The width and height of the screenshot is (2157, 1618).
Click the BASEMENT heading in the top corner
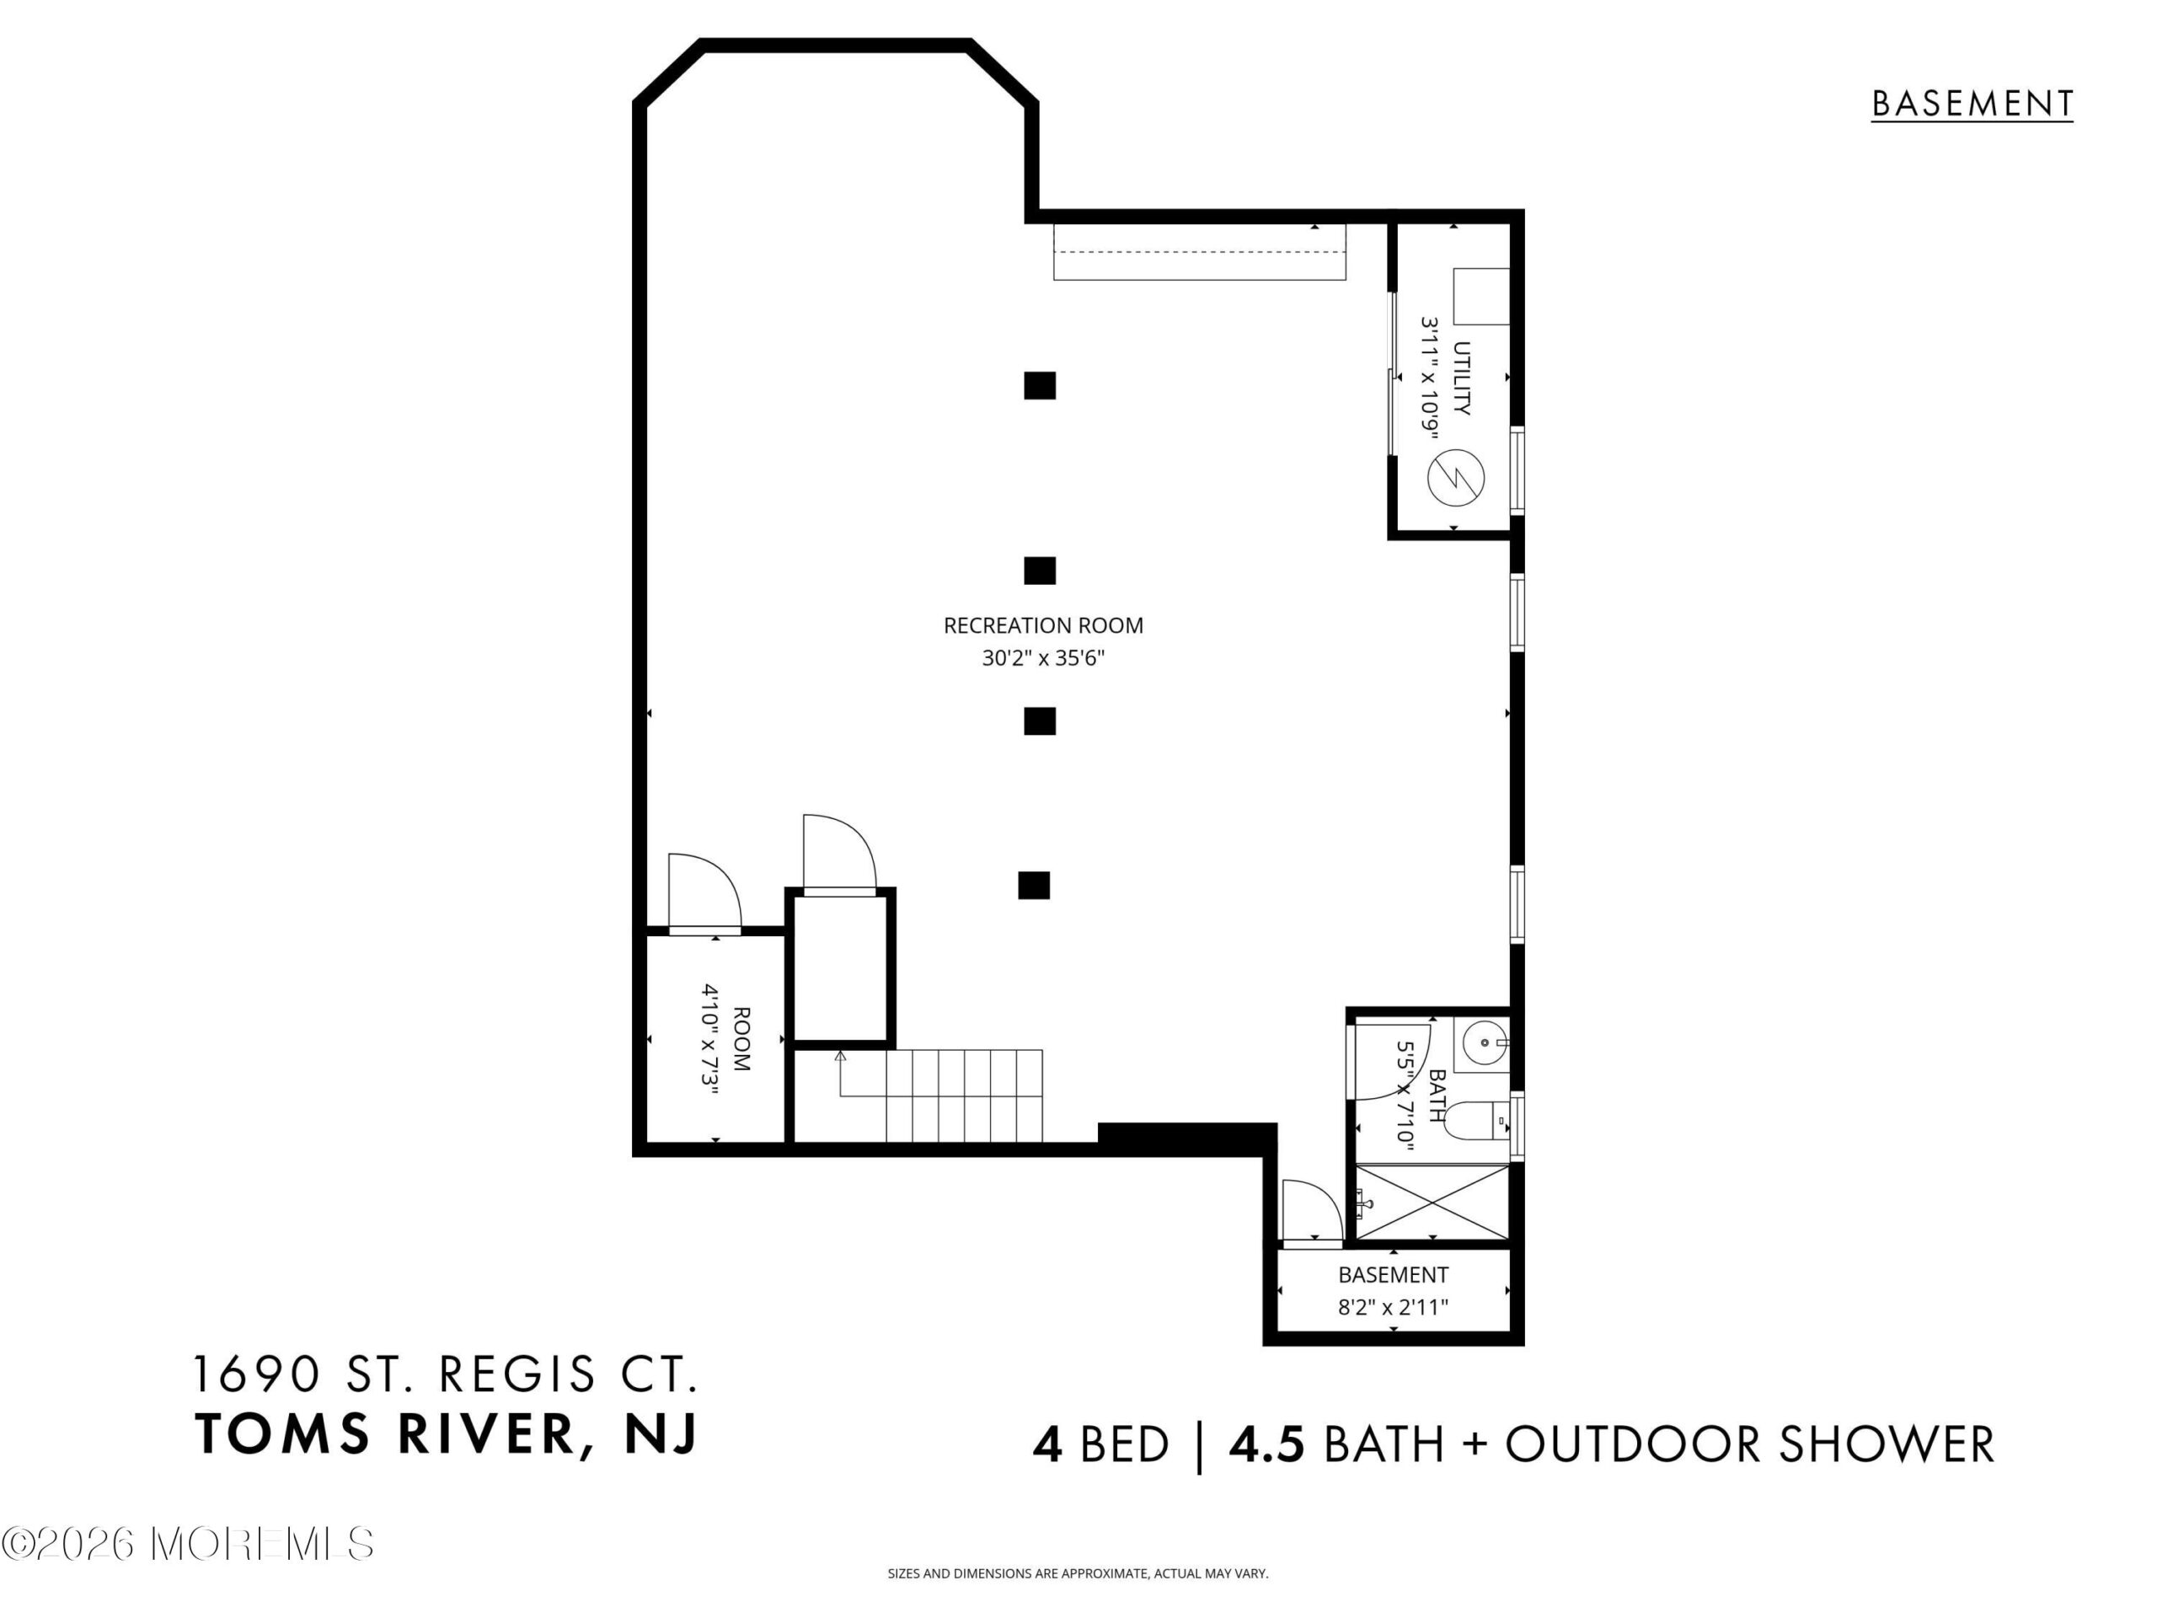(x=1972, y=104)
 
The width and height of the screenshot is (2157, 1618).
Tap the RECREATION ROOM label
(x=1043, y=625)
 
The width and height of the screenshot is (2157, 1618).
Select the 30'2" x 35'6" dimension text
(x=1043, y=658)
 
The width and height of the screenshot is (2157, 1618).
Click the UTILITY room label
(x=1461, y=378)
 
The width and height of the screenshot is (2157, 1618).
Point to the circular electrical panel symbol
(x=1456, y=478)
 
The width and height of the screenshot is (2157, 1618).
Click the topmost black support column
(x=1040, y=385)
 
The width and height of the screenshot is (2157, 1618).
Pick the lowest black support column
(x=1034, y=885)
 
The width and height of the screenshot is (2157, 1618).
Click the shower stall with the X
(x=1432, y=1202)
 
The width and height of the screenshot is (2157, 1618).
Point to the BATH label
(x=1437, y=1096)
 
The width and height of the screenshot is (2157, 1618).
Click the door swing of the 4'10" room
(x=705, y=891)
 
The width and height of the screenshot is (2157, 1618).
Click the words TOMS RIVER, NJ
(x=447, y=1434)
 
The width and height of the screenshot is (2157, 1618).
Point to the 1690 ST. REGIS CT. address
(x=446, y=1375)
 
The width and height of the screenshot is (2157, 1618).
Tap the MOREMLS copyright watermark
(x=187, y=1544)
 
